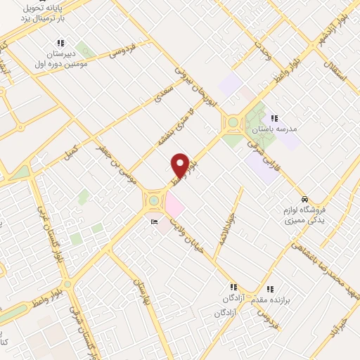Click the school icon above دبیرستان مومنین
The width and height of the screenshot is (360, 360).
coord(60,44)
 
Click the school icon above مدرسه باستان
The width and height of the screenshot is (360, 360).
coord(274,118)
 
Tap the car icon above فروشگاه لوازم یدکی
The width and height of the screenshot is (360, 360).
coord(304,199)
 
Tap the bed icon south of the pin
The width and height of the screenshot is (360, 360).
coord(154,222)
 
